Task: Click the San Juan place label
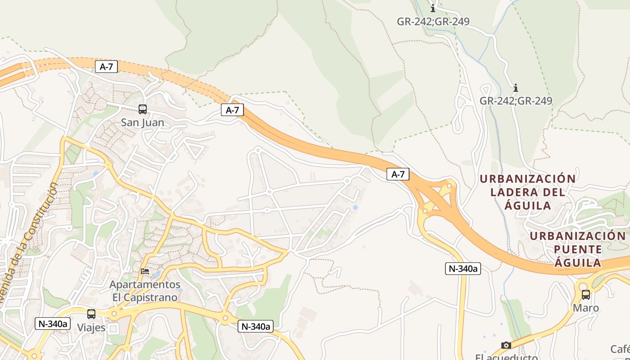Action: pos(143,122)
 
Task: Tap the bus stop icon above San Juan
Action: pos(143,109)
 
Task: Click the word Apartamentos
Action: pos(145,285)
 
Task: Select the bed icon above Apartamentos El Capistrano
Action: pos(145,271)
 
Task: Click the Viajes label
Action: pos(91,328)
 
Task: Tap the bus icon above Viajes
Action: pos(91,314)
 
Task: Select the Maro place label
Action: pos(586,308)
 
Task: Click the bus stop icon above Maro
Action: pos(586,295)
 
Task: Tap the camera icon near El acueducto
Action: pos(506,345)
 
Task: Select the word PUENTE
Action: pos(578,249)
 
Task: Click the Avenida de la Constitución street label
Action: pos(29,243)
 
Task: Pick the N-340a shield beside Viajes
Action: pos(53,323)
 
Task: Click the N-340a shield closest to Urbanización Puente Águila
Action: pos(463,269)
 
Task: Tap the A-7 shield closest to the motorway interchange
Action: pos(398,174)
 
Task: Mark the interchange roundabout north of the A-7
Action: pos(449,185)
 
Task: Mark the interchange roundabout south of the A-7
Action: pos(425,210)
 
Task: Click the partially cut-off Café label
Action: pos(620,349)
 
